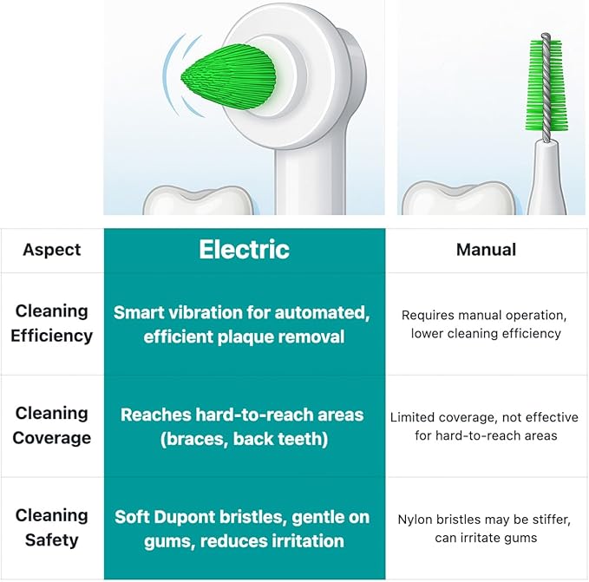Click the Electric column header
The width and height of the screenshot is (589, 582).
click(x=244, y=250)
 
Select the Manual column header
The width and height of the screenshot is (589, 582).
click(x=486, y=250)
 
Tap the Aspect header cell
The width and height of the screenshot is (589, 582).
click(x=52, y=250)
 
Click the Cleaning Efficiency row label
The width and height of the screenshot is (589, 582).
click(x=52, y=323)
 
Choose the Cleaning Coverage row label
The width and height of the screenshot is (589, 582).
click(x=52, y=425)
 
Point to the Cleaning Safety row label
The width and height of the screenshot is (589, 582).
click(x=52, y=527)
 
